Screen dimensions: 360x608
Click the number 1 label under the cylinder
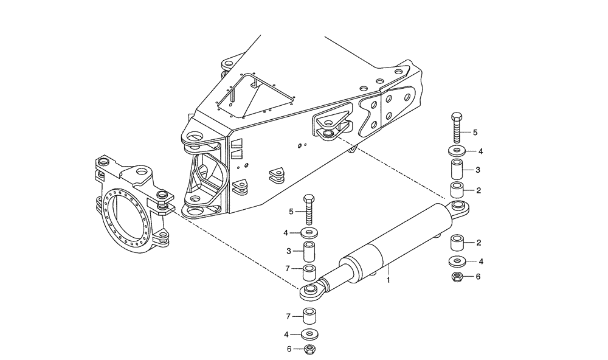389,280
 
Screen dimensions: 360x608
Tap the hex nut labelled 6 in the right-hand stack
457,277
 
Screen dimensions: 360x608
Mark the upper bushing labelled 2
457,190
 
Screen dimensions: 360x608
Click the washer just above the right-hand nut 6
457,262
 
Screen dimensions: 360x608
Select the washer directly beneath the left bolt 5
310,232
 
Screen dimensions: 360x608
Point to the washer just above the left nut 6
310,334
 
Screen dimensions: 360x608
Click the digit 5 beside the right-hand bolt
476,132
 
